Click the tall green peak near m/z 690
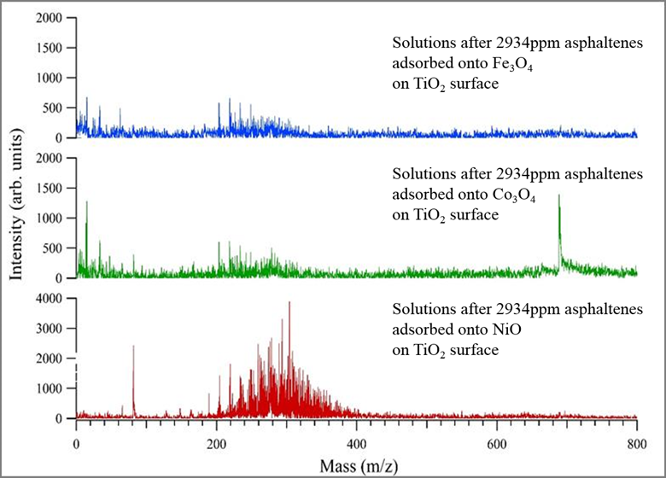[x=559, y=198]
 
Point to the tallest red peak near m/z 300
[x=289, y=304]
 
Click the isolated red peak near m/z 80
[x=133, y=347]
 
